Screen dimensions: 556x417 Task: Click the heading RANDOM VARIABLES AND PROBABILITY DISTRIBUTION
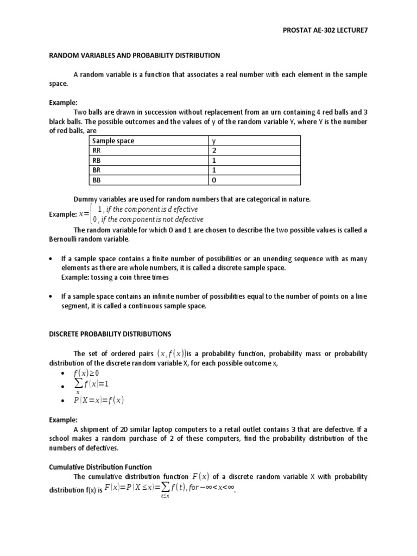point(135,55)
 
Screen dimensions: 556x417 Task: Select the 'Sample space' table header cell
point(113,141)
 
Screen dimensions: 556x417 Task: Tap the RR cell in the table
point(97,151)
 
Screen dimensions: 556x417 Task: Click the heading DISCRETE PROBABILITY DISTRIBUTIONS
point(110,333)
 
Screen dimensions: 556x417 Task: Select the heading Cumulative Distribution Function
point(100,466)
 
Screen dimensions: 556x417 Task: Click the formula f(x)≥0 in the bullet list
point(86,373)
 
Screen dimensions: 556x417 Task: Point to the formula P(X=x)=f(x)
point(98,401)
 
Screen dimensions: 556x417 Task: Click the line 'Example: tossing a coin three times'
point(115,277)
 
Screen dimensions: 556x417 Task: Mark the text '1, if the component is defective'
point(147,210)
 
